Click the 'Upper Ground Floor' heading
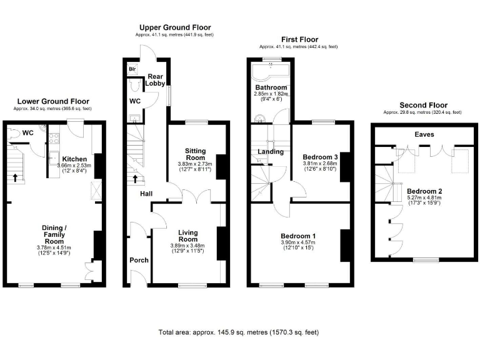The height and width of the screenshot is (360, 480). point(175,27)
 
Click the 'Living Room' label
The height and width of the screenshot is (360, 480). point(188,235)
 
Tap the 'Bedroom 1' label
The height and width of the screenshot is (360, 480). point(298,236)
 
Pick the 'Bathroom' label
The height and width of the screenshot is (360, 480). point(271,87)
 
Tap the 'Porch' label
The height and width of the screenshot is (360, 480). point(139,260)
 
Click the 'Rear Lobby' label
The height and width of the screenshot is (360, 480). point(156,79)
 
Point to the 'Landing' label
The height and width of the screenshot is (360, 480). point(270,151)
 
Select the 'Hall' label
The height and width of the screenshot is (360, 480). point(146,194)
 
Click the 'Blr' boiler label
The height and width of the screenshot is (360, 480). point(132,69)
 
